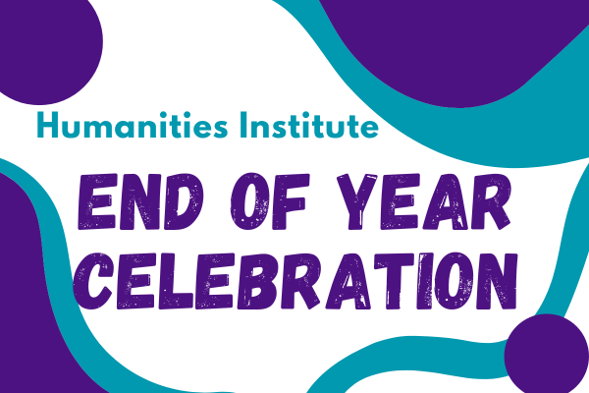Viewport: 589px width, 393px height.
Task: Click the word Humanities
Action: (x=133, y=125)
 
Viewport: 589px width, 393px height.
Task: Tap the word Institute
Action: (x=309, y=125)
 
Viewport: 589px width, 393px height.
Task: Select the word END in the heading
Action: (x=140, y=201)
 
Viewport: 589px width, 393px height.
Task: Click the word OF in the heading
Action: (x=270, y=201)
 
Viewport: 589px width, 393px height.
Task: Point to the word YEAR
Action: (x=424, y=201)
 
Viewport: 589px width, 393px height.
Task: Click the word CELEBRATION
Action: (x=295, y=281)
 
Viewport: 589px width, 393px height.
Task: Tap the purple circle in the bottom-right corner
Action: (x=546, y=355)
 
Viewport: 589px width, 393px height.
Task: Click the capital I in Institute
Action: (x=243, y=125)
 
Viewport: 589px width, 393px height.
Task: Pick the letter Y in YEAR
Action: (x=357, y=201)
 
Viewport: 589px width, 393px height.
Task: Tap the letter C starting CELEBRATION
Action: (x=93, y=281)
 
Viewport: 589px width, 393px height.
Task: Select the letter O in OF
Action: (x=249, y=201)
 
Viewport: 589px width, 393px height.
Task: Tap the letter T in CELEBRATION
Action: (x=395, y=281)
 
